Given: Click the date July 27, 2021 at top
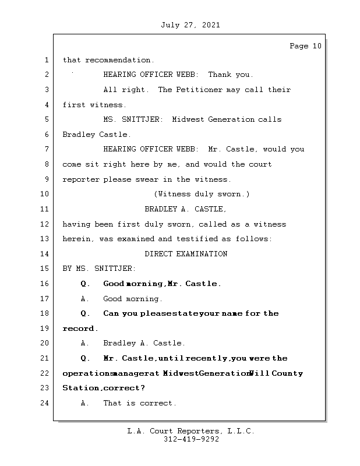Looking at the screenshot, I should [x=190, y=25].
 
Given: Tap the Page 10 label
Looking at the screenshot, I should [x=305, y=46].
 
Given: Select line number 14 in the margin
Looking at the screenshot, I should [x=45, y=254].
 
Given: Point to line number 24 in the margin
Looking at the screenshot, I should [x=45, y=403].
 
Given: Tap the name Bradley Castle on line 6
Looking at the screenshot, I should [x=97, y=135].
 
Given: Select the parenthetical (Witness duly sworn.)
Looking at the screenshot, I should [x=202, y=194].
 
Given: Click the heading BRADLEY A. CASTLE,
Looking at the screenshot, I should [x=185, y=209].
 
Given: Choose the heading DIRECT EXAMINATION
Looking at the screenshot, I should [x=186, y=254].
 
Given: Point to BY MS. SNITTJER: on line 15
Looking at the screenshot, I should [x=99, y=269].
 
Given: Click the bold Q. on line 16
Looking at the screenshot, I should [x=86, y=284].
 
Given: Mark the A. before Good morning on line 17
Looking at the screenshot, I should [x=85, y=299].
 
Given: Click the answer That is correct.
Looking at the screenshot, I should [x=139, y=403].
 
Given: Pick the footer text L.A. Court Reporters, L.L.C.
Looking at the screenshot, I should [x=190, y=431].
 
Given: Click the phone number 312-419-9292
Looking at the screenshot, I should [x=191, y=440].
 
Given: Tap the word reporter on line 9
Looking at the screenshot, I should [x=81, y=179].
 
